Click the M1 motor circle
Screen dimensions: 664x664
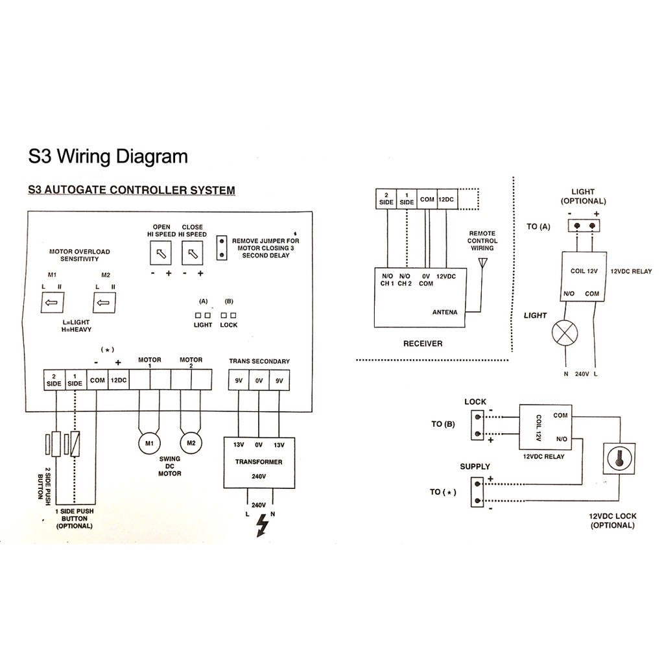150,444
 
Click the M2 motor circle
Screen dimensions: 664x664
191,443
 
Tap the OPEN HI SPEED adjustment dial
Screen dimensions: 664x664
161,254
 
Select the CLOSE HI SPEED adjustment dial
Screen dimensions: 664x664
193,254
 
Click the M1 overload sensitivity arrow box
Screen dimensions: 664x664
52,302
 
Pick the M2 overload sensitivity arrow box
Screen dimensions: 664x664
104,302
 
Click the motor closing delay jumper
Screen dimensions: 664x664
222,248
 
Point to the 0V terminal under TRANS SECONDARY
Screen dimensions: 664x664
259,380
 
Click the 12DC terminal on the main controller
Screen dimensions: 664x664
119,380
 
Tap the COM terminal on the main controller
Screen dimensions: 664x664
97,380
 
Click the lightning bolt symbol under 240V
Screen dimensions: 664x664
263,525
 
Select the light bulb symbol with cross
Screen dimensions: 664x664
565,333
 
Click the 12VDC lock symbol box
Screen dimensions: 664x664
619,458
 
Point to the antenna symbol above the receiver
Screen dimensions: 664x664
482,263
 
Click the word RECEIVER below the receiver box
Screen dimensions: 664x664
423,344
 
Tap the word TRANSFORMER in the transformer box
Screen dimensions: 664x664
259,462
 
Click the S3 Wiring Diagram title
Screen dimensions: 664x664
108,156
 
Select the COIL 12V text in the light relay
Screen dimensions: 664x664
584,271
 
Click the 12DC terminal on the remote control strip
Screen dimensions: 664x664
446,199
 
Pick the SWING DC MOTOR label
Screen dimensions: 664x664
170,466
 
